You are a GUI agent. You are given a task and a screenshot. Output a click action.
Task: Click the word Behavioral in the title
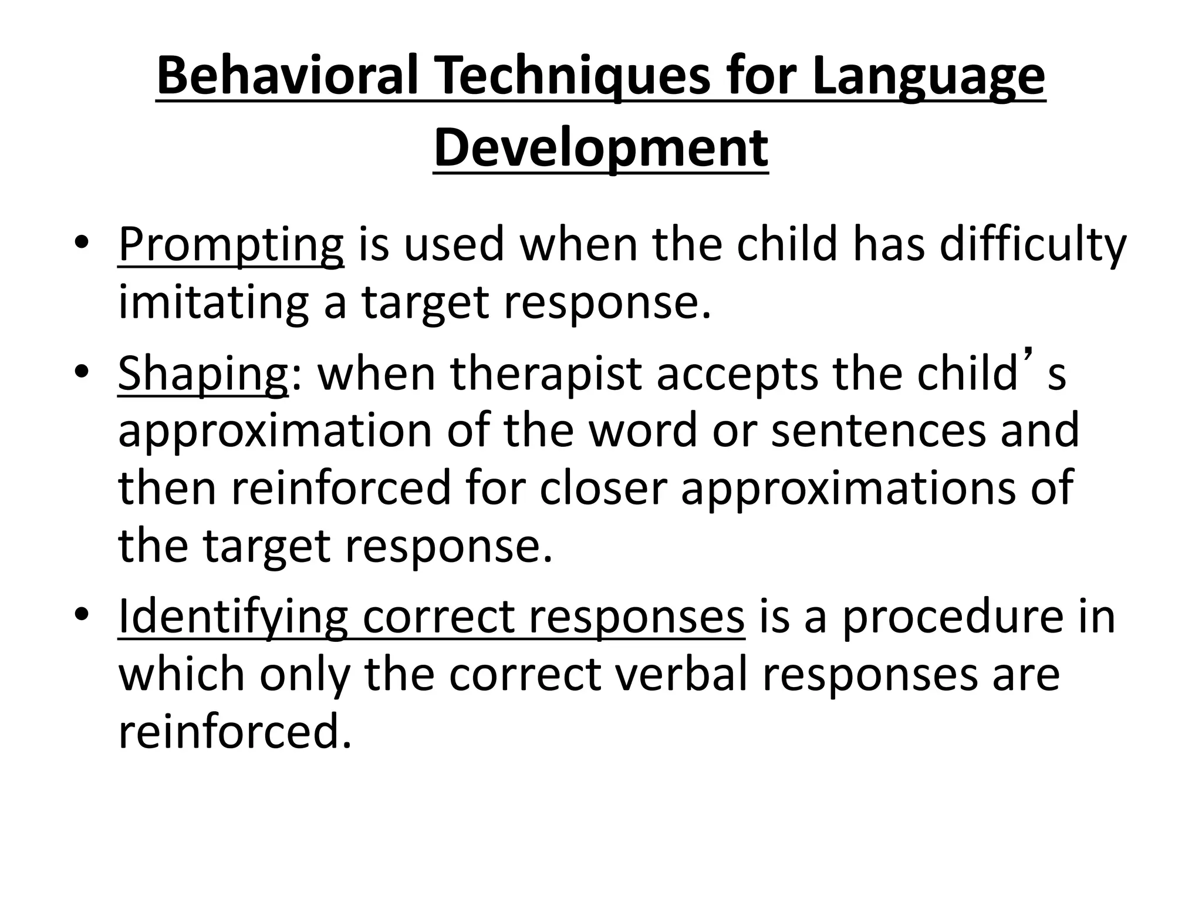[288, 76]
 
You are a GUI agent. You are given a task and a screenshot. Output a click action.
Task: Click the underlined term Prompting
[231, 245]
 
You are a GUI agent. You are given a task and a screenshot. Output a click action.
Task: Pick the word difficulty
[1032, 245]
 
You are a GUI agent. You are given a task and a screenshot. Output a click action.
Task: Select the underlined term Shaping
[203, 374]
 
